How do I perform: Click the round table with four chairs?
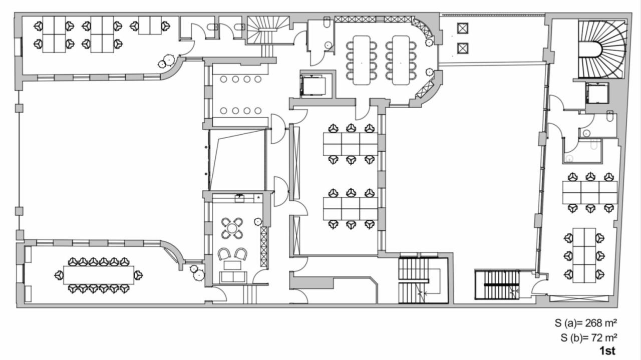point(232,228)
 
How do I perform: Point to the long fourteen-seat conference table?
point(99,275)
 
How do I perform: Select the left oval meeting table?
point(361,60)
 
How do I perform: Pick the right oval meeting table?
point(401,60)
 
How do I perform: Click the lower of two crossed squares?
point(462,48)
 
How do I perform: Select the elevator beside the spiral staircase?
point(597,93)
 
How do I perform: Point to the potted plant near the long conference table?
point(198,274)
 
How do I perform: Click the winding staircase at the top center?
point(268,30)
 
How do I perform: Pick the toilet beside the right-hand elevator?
point(608,118)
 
